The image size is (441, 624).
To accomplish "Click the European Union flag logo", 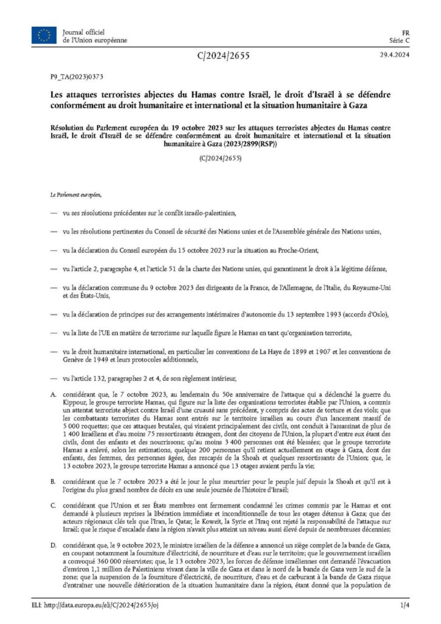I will (44, 35).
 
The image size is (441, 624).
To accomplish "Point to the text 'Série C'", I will (400, 40).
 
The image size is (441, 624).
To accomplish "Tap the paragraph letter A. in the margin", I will (54, 395).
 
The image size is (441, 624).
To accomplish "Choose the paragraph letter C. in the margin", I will (54, 506).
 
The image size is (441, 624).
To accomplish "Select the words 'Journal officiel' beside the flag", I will (83, 31).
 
